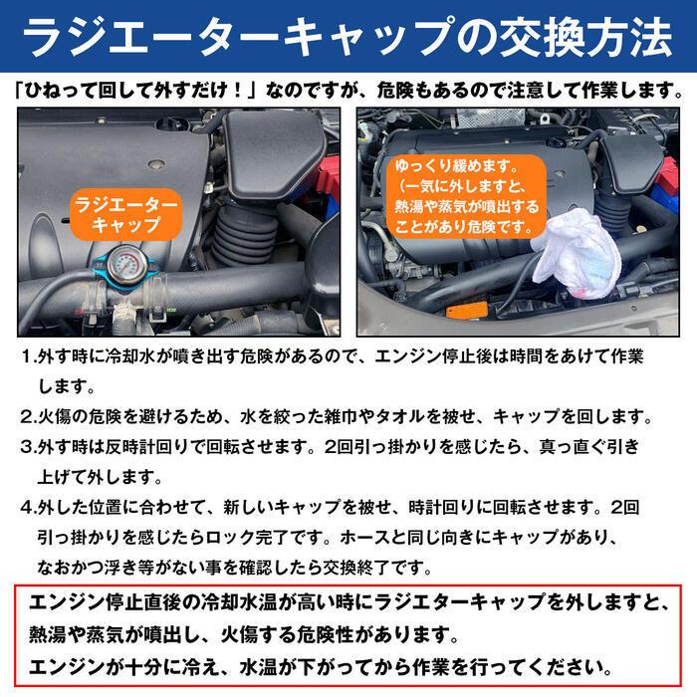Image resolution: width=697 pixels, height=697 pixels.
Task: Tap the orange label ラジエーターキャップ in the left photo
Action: [125, 213]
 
